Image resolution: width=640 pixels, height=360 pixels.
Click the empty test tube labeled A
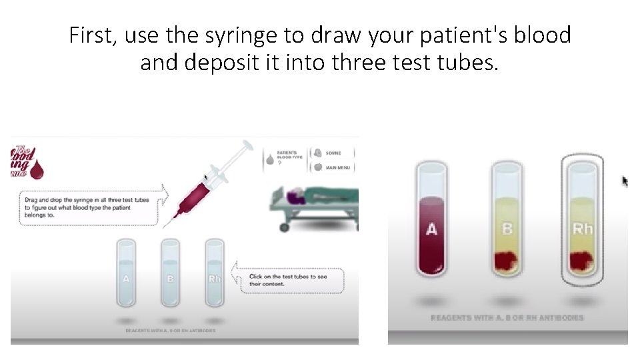(126, 273)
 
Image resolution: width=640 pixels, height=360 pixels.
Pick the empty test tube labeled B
(170, 273)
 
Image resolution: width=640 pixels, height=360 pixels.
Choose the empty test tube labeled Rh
(214, 273)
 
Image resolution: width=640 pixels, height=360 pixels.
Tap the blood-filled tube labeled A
(432, 220)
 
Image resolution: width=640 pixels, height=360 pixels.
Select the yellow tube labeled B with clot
(507, 220)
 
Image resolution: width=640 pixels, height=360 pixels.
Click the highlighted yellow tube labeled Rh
(582, 220)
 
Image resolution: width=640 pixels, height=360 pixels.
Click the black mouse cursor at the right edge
(625, 181)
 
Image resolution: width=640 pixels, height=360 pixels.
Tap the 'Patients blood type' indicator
(283, 158)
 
